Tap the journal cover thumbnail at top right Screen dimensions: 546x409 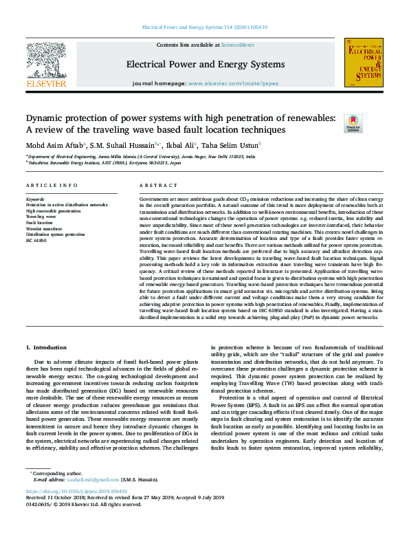click(364, 63)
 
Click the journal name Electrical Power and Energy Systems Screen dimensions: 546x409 click(206, 65)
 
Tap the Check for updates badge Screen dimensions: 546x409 click(372, 123)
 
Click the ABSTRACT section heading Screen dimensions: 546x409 click(159, 186)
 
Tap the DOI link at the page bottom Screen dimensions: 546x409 click(76, 511)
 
